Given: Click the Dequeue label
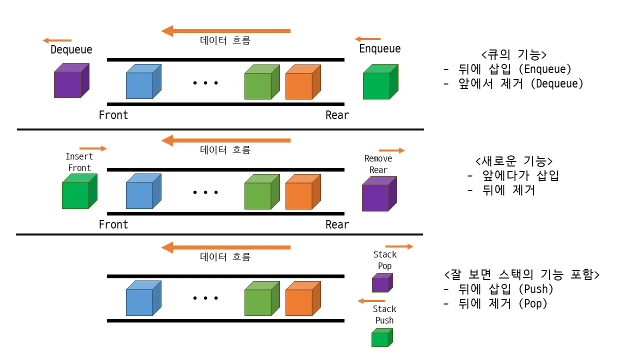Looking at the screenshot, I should (x=71, y=50).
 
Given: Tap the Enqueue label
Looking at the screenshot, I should (x=380, y=49).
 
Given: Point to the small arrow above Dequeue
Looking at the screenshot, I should (x=57, y=40).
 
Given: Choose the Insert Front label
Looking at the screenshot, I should (x=79, y=162).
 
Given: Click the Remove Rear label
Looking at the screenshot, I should (x=378, y=164).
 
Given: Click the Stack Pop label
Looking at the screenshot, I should (x=384, y=260).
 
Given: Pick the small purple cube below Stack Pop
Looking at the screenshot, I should (x=381, y=283).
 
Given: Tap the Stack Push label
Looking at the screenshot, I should (x=384, y=314).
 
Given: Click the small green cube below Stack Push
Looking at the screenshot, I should (x=381, y=338).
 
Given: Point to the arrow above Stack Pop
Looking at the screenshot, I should (x=399, y=246).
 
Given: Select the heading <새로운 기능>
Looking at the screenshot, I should (x=514, y=161).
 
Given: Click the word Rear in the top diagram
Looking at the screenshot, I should (x=337, y=115).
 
